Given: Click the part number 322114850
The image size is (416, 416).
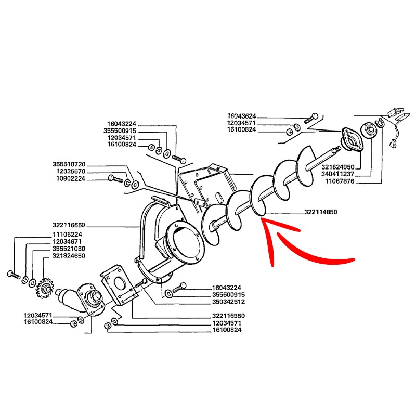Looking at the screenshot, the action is pos(320,212).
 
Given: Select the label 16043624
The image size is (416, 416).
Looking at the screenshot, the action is pos(241,116).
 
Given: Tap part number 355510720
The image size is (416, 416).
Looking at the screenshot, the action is pos(69,164).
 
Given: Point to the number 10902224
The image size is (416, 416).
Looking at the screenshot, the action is pos(71,178).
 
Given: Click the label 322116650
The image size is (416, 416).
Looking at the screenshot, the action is pos(69,225).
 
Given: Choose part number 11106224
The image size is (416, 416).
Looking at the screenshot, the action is pos(67,235).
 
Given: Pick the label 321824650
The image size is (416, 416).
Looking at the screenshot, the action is pos(69,256).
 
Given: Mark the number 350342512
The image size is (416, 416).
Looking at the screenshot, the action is pos(228,302).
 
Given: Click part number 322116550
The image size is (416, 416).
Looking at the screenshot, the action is pos(228,316).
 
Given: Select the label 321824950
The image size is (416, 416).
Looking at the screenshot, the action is pos(337,167).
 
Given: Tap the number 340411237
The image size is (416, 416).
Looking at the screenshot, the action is pos(337,174).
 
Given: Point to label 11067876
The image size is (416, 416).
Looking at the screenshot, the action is pos(340,181).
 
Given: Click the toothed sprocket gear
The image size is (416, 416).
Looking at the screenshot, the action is pos(45,288).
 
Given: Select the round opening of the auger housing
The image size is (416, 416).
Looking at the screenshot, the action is pos(185,242).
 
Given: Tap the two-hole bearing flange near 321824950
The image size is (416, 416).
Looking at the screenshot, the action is pos(352,139).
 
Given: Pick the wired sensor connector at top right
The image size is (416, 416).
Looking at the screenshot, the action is pos(395,127).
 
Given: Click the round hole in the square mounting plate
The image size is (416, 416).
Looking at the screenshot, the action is pos(120,283).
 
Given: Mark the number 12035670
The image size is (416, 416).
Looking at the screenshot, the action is pos(71,172).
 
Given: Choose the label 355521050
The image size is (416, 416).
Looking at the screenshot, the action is pos(69,249).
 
